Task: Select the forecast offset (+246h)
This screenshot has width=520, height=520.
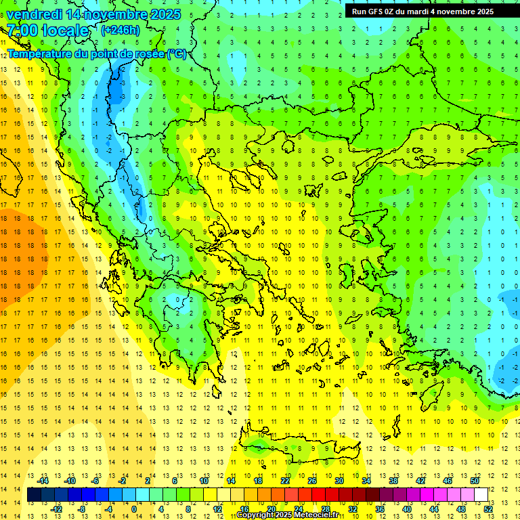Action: (x=120, y=30)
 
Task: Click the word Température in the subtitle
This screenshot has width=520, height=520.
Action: (x=39, y=53)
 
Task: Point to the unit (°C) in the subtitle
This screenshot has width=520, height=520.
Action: (x=176, y=53)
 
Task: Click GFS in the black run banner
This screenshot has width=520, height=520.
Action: (x=378, y=12)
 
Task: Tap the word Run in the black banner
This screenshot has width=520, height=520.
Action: (x=360, y=12)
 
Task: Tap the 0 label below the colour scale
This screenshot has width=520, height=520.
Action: (x=133, y=509)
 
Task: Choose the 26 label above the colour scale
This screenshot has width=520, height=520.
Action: (x=313, y=481)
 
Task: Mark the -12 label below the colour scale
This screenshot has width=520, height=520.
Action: (x=57, y=509)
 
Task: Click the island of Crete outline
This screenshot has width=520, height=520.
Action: (x=305, y=448)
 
